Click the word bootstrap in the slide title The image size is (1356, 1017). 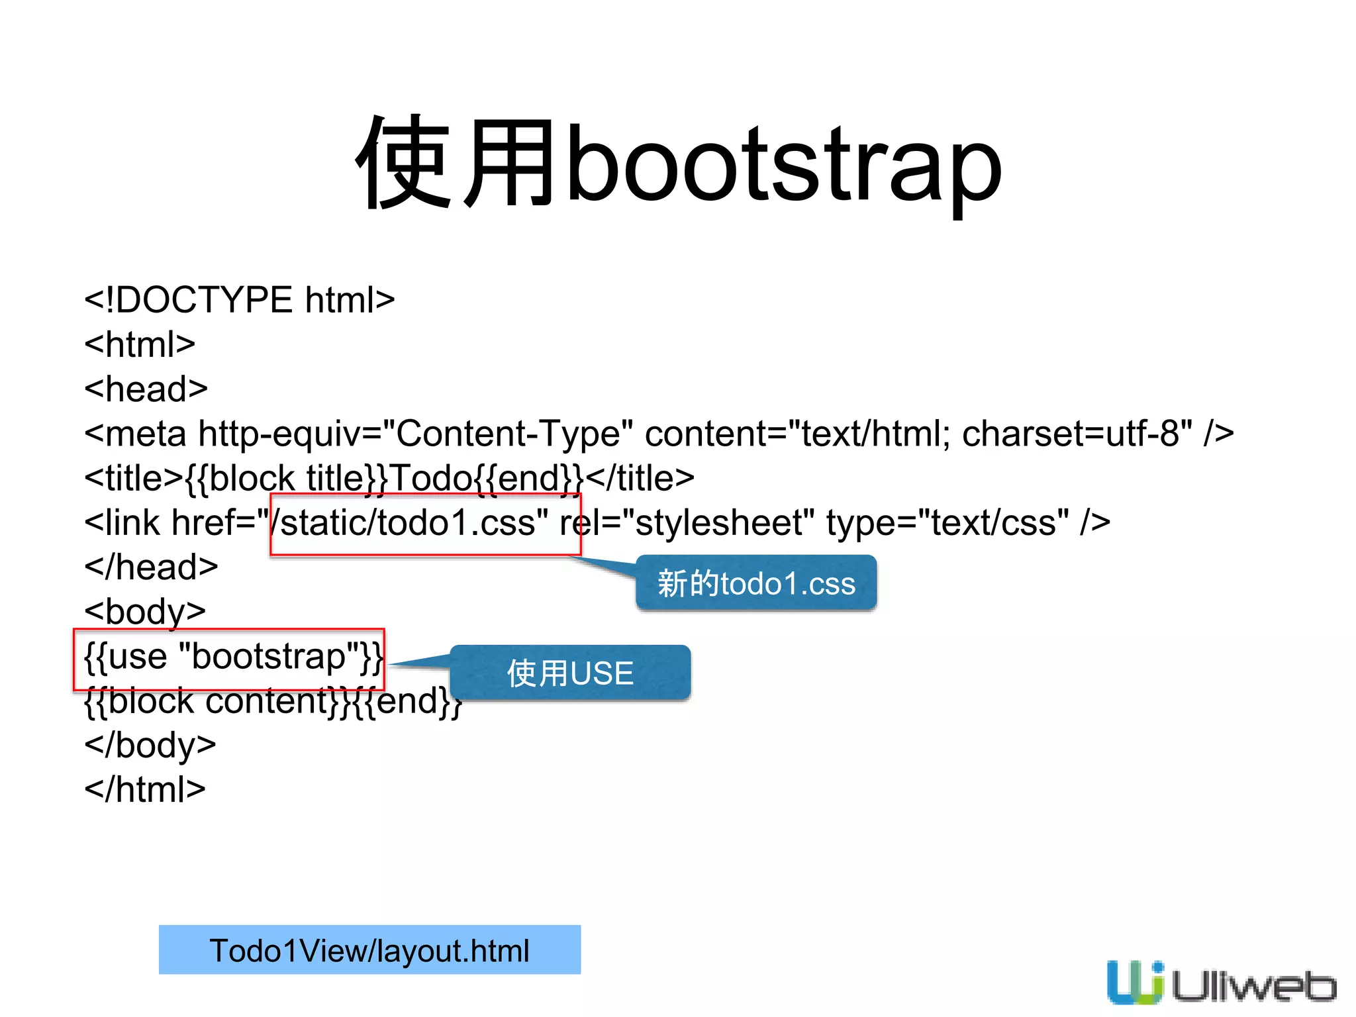(784, 166)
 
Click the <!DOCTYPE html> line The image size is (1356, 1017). (239, 300)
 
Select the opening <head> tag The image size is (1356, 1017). (146, 389)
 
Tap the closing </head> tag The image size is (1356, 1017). (151, 567)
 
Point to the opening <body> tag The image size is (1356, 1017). (145, 611)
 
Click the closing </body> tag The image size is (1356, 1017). (150, 745)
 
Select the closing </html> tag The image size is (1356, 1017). (145, 789)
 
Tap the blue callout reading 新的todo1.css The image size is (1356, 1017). (756, 583)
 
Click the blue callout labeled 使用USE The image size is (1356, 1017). (570, 673)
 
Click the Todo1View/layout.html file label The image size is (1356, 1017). (369, 950)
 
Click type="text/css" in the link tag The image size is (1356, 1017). (947, 523)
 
